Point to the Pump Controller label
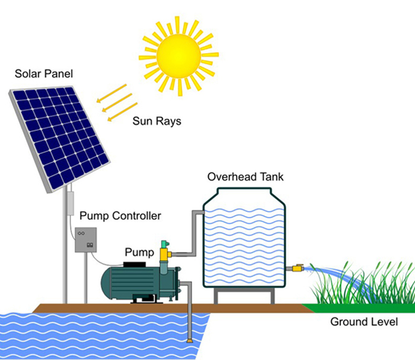[x=120, y=215]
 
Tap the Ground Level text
[x=364, y=321]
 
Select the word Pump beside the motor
[x=139, y=253]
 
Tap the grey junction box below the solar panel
[x=69, y=202]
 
